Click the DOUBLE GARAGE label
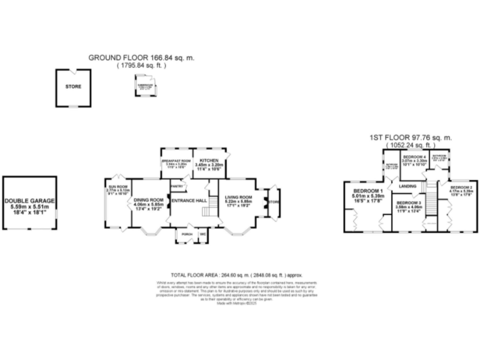click(x=30, y=201)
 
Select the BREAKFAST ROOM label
click(x=176, y=161)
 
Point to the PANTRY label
click(x=177, y=186)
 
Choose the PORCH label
click(x=186, y=234)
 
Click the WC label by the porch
click(x=202, y=234)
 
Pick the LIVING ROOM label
click(x=238, y=197)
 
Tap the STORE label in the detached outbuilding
click(x=74, y=87)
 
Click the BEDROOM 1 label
click(x=367, y=191)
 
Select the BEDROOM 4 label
click(x=414, y=157)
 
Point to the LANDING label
click(x=409, y=186)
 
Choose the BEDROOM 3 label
click(x=408, y=203)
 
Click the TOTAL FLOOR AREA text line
click(x=236, y=275)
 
